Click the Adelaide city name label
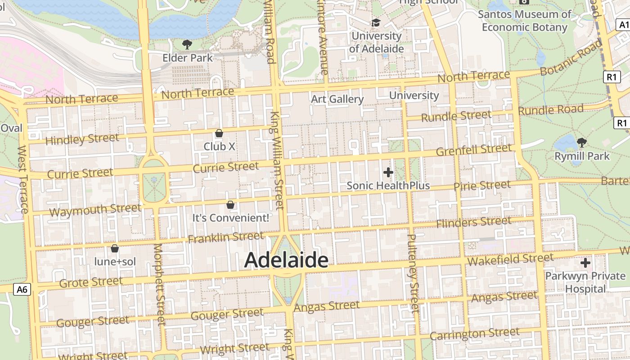click(286, 261)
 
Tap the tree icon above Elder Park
click(187, 44)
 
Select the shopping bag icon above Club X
click(219, 133)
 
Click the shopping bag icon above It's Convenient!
click(230, 205)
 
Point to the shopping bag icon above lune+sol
click(115, 248)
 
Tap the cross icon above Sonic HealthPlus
click(388, 172)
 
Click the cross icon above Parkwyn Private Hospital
click(585, 262)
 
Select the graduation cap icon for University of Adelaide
click(376, 22)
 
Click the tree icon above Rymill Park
click(581, 143)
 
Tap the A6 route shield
click(22, 289)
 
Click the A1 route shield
click(623, 25)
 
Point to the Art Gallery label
click(337, 99)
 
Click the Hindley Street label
click(82, 139)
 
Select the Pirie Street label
click(482, 185)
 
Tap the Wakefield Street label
click(510, 259)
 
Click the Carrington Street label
click(474, 334)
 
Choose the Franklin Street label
click(226, 237)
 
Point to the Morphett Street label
click(159, 284)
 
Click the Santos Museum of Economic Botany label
click(524, 21)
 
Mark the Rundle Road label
click(551, 109)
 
